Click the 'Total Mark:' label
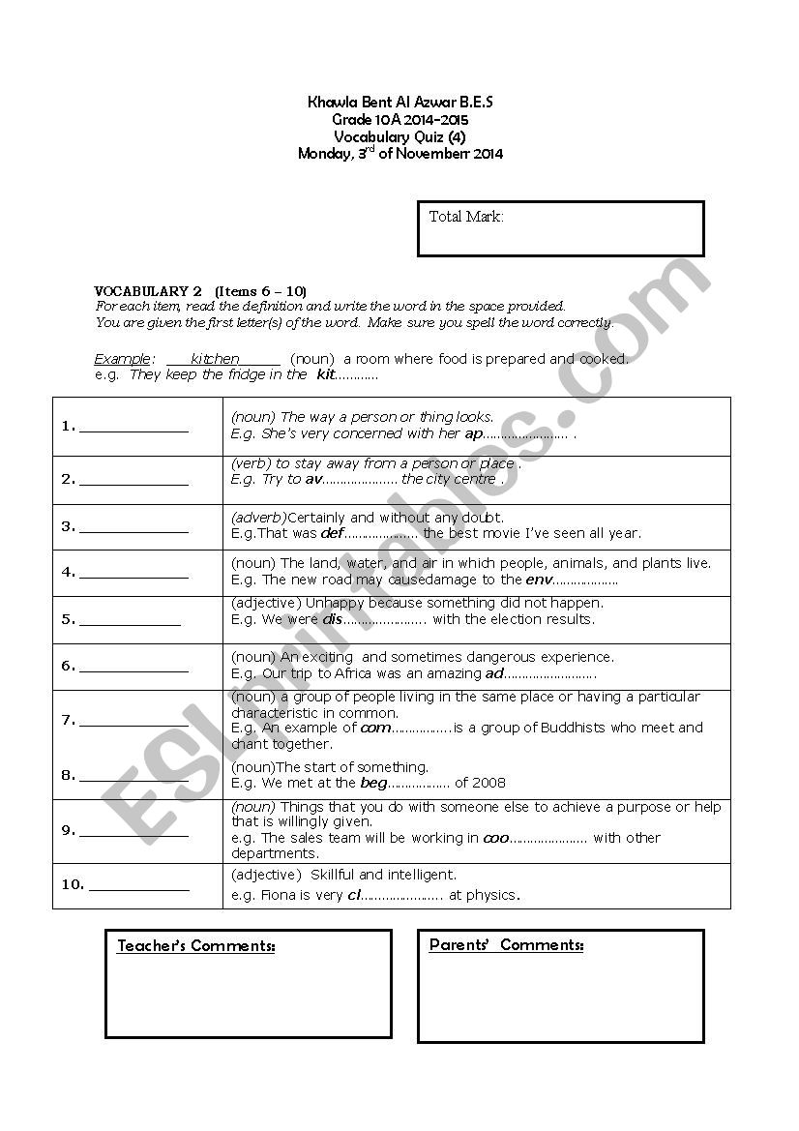466,217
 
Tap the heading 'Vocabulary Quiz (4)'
399,136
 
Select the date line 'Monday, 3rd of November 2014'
399,153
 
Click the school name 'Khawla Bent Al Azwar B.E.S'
399,103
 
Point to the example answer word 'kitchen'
215,359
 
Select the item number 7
68,720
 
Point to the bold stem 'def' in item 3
332,533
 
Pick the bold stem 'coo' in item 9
495,838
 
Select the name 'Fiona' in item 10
280,895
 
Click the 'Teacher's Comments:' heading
196,946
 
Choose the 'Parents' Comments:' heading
506,945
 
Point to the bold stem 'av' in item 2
312,479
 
